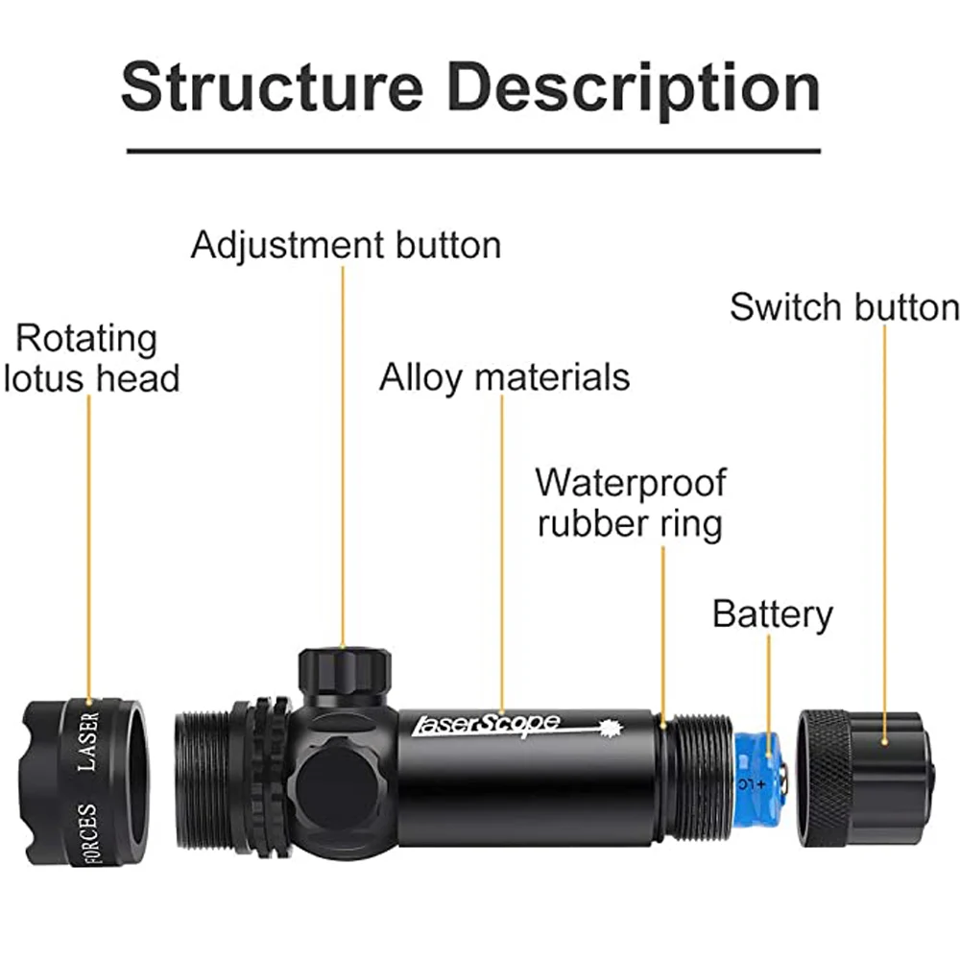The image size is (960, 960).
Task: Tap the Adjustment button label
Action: point(346,245)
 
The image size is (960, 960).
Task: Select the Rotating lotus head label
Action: point(91,358)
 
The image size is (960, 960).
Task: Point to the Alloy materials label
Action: point(504,377)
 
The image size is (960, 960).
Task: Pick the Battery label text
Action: point(772,613)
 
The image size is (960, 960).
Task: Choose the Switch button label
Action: point(844,307)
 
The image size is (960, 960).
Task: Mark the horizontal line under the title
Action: point(473,151)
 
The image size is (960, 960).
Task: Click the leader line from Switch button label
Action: point(884,528)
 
